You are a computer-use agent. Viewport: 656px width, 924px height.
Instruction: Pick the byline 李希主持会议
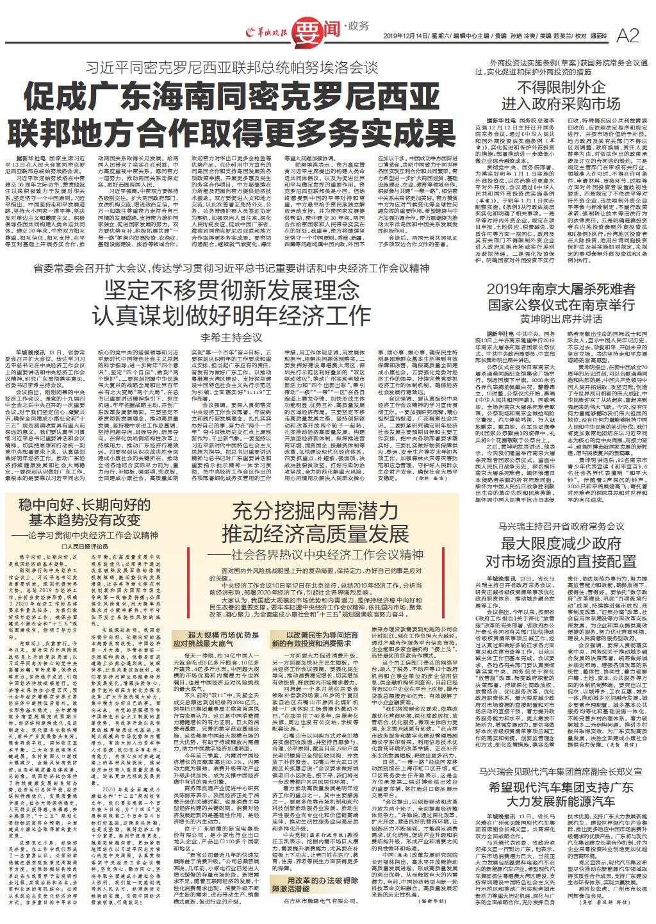(x=232, y=336)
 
